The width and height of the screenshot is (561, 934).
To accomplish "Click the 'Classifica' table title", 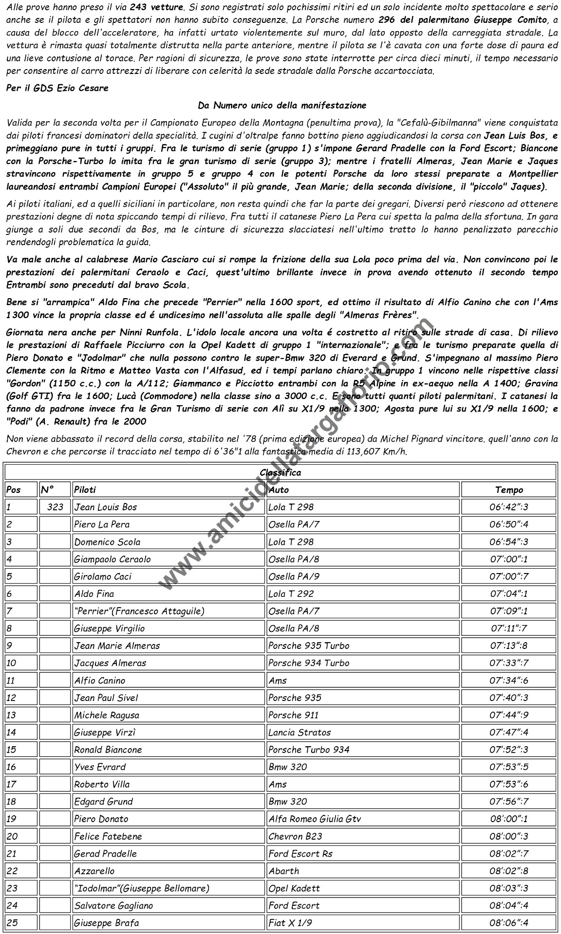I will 280,472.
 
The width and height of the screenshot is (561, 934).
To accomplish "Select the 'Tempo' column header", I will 509,490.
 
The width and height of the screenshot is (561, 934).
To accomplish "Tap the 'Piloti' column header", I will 85,490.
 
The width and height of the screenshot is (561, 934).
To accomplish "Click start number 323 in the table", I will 56,507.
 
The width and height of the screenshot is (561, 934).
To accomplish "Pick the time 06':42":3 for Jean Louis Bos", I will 509,507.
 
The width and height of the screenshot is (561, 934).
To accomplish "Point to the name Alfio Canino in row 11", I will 99,681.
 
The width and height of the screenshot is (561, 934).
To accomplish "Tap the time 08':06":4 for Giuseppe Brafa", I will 509,923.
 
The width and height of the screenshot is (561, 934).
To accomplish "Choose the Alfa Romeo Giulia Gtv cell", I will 315,819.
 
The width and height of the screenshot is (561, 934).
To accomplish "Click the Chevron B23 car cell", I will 295,836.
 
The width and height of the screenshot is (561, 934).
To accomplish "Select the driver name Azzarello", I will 94,871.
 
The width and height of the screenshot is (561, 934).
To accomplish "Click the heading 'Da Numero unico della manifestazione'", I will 282,105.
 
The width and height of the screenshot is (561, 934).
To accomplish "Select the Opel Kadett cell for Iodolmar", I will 294,888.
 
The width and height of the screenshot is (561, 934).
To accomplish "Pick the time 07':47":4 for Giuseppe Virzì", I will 509,732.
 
